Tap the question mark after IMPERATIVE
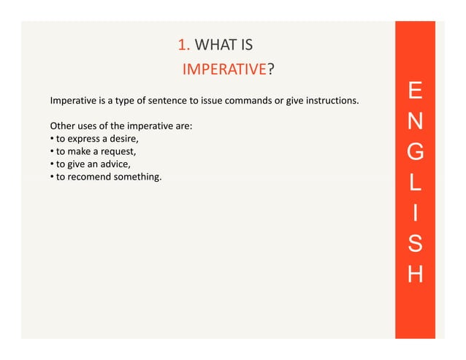[x=270, y=70]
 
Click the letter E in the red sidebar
[x=415, y=92]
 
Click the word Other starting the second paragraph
[x=62, y=126]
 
